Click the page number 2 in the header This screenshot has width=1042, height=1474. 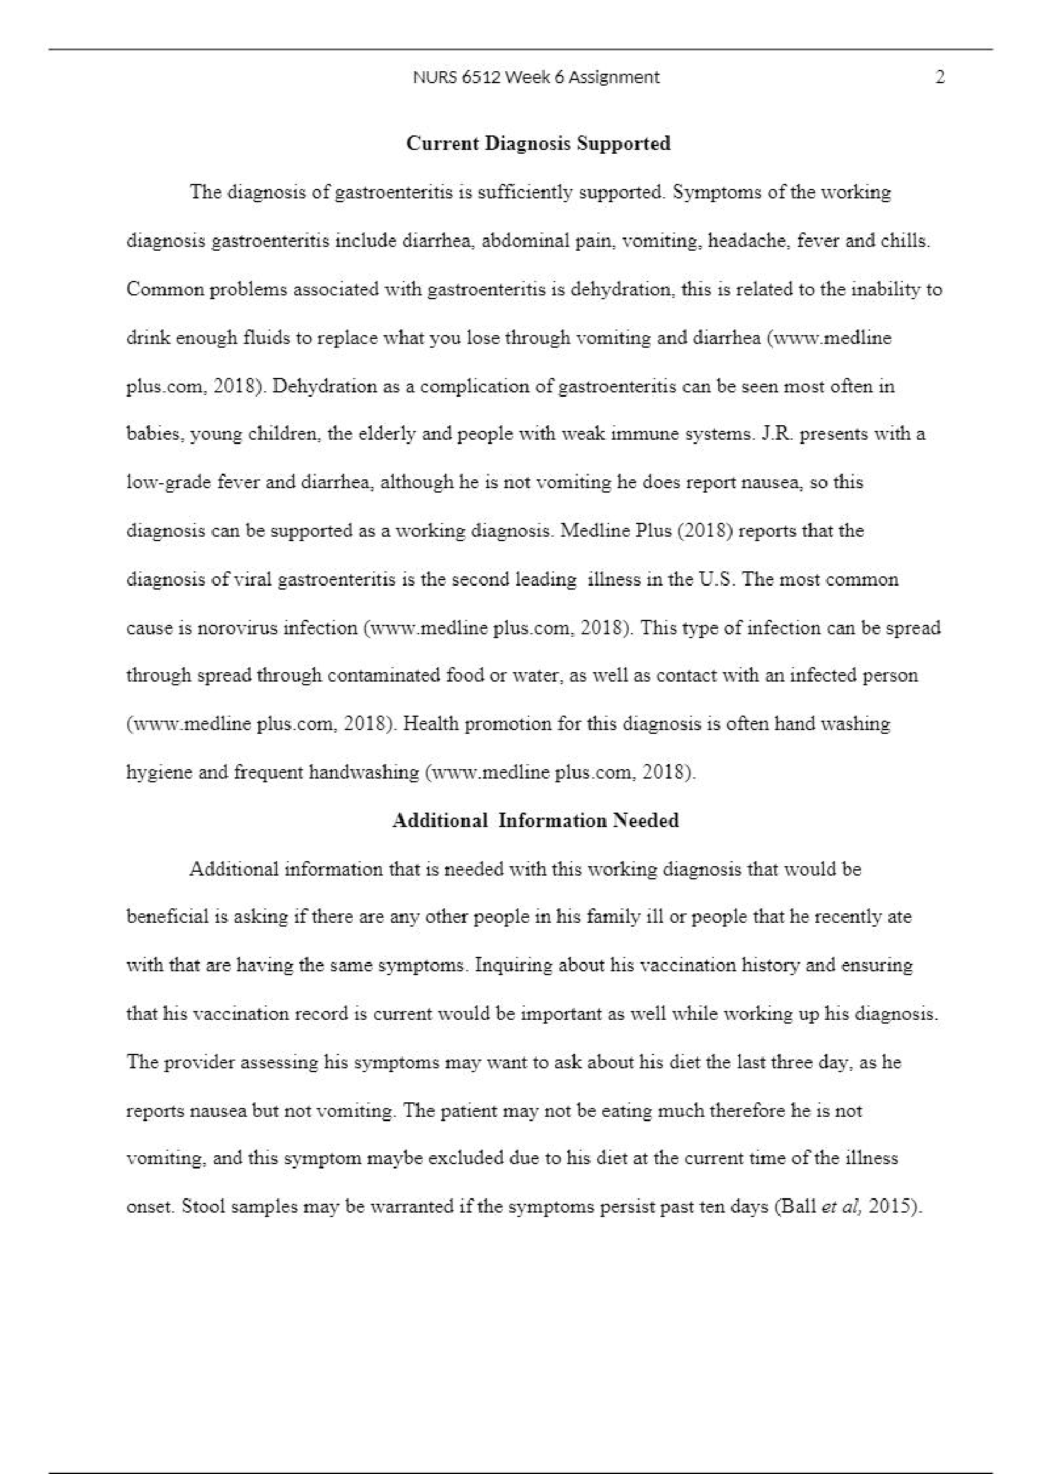(940, 77)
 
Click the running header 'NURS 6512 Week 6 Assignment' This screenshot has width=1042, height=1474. (536, 77)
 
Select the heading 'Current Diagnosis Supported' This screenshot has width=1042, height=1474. (539, 143)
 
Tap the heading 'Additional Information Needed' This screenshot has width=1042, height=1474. (535, 820)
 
